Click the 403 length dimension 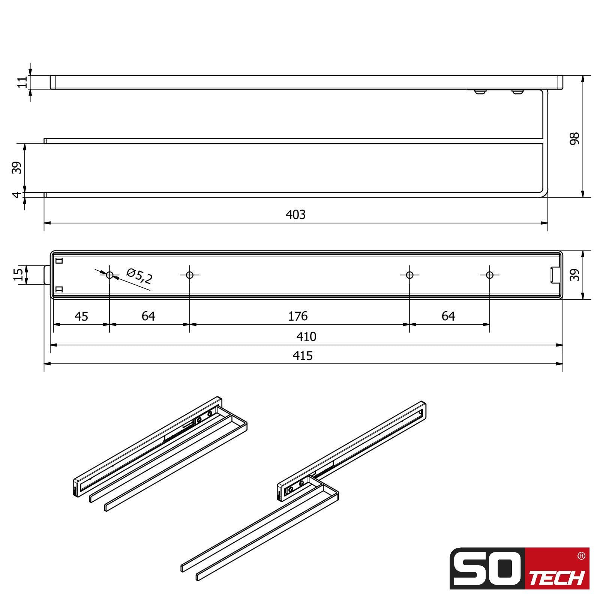click(x=295, y=214)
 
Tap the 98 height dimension click(x=574, y=138)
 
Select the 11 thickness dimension click(x=22, y=82)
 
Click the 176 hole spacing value click(x=298, y=316)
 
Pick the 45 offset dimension click(x=81, y=316)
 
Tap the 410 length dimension click(x=306, y=337)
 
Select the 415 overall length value click(x=302, y=355)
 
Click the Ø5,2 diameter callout click(x=139, y=276)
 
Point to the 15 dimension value click(x=18, y=275)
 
